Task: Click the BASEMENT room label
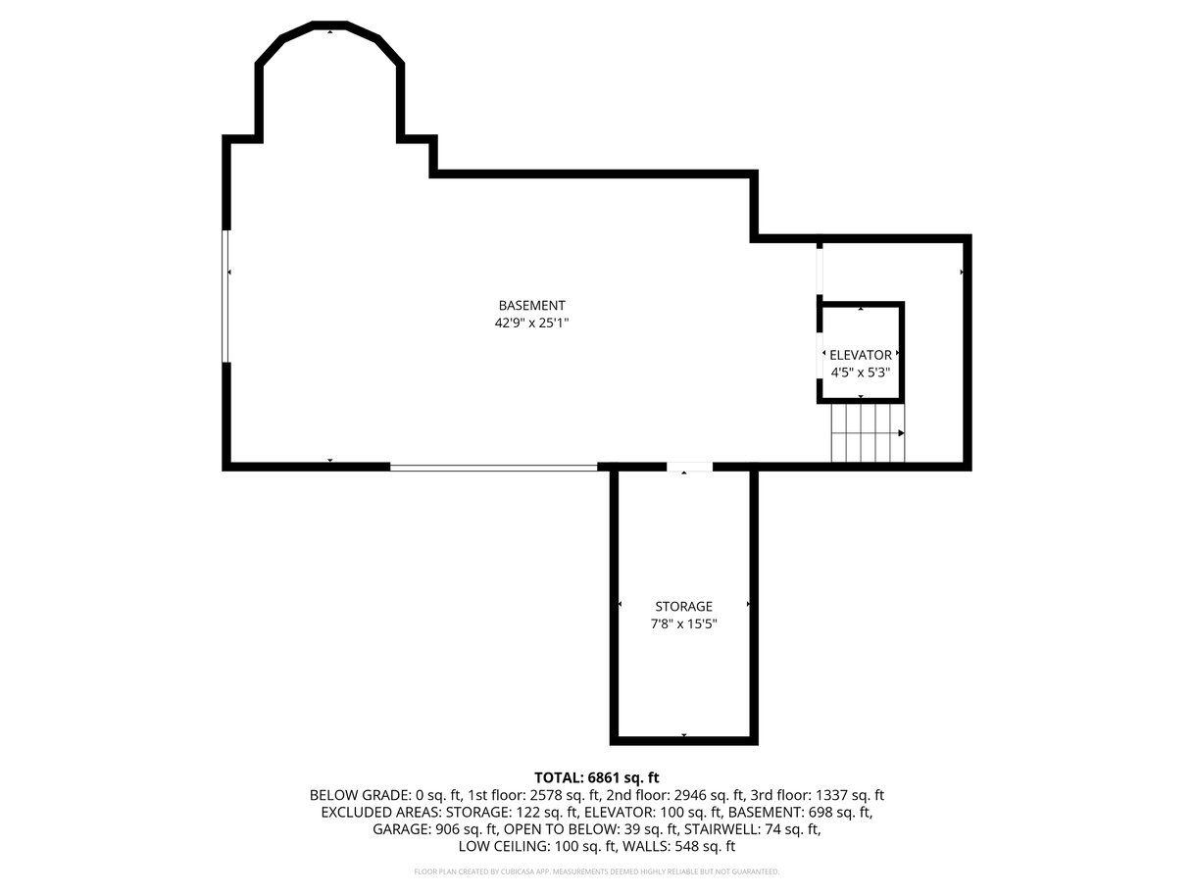(x=531, y=305)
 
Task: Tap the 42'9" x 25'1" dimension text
(x=531, y=323)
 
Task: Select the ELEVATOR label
(x=860, y=355)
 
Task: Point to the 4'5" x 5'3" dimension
(x=860, y=373)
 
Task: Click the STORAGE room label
(x=683, y=606)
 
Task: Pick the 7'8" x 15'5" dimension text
(x=683, y=623)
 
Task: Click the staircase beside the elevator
(x=868, y=433)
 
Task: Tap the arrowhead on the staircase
(x=901, y=433)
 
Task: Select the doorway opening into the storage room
(x=689, y=467)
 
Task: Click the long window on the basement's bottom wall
(x=493, y=467)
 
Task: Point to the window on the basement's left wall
(x=225, y=296)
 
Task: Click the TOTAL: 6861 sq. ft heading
(x=596, y=777)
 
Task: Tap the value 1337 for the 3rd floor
(x=831, y=795)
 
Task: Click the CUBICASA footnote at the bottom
(x=596, y=871)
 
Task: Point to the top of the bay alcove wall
(x=329, y=25)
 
